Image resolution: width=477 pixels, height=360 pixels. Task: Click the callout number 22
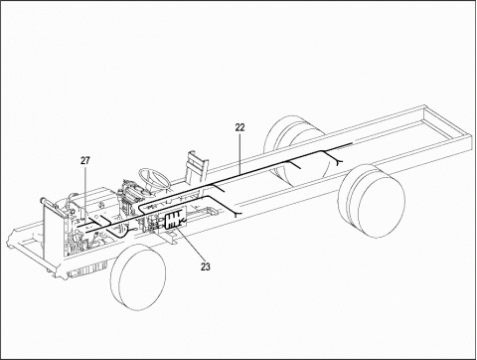[x=239, y=127]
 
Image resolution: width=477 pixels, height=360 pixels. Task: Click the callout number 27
[x=85, y=161]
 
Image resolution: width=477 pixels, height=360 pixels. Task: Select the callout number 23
[x=206, y=267]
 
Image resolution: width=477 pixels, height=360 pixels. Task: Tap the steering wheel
[x=154, y=179]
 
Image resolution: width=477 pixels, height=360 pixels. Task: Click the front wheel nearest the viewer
[x=138, y=277]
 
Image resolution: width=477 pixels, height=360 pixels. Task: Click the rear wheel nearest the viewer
[x=372, y=201]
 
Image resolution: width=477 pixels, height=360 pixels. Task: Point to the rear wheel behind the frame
[x=291, y=146]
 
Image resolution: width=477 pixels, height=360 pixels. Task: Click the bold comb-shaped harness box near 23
[x=174, y=220]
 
